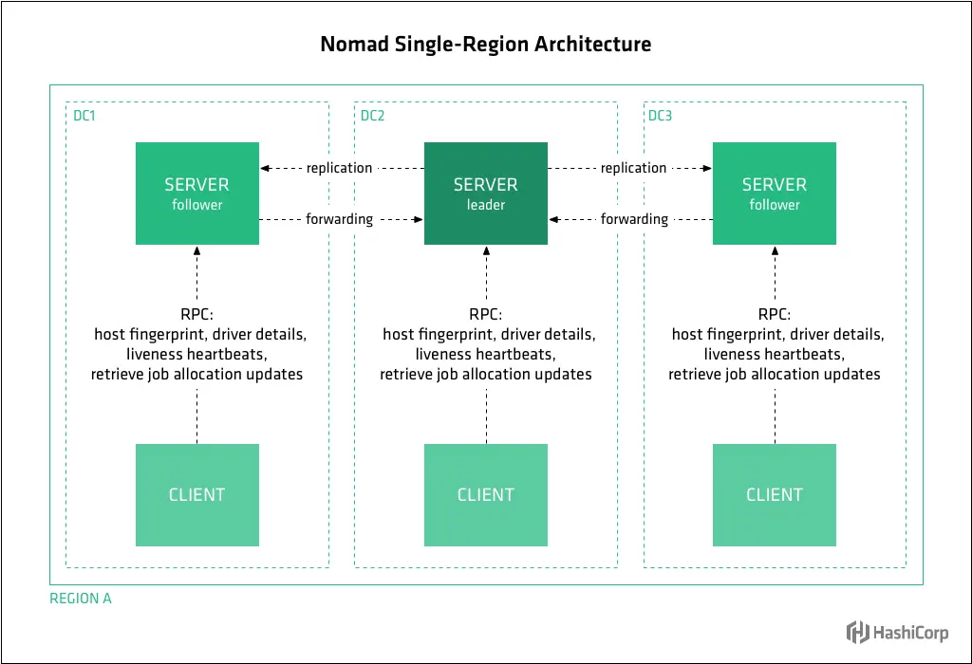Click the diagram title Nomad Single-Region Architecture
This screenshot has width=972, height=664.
point(485,44)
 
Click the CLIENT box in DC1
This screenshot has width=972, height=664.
point(196,494)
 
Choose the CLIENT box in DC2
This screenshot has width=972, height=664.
point(485,494)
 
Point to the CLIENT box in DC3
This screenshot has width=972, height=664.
point(774,494)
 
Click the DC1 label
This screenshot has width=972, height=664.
point(84,117)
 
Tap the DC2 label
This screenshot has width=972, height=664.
point(372,117)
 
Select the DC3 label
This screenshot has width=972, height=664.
point(660,117)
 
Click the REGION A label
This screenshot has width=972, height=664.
point(81,599)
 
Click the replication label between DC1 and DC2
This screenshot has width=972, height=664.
point(339,168)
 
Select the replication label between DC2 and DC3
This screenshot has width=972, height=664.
point(633,168)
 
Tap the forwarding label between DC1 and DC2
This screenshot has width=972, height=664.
point(339,219)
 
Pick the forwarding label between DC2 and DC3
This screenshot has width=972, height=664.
point(634,219)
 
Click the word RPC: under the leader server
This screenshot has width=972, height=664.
point(485,315)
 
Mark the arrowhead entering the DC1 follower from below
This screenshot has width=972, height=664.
point(196,250)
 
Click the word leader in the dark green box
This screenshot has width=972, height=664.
point(485,205)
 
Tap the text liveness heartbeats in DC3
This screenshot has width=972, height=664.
point(774,354)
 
